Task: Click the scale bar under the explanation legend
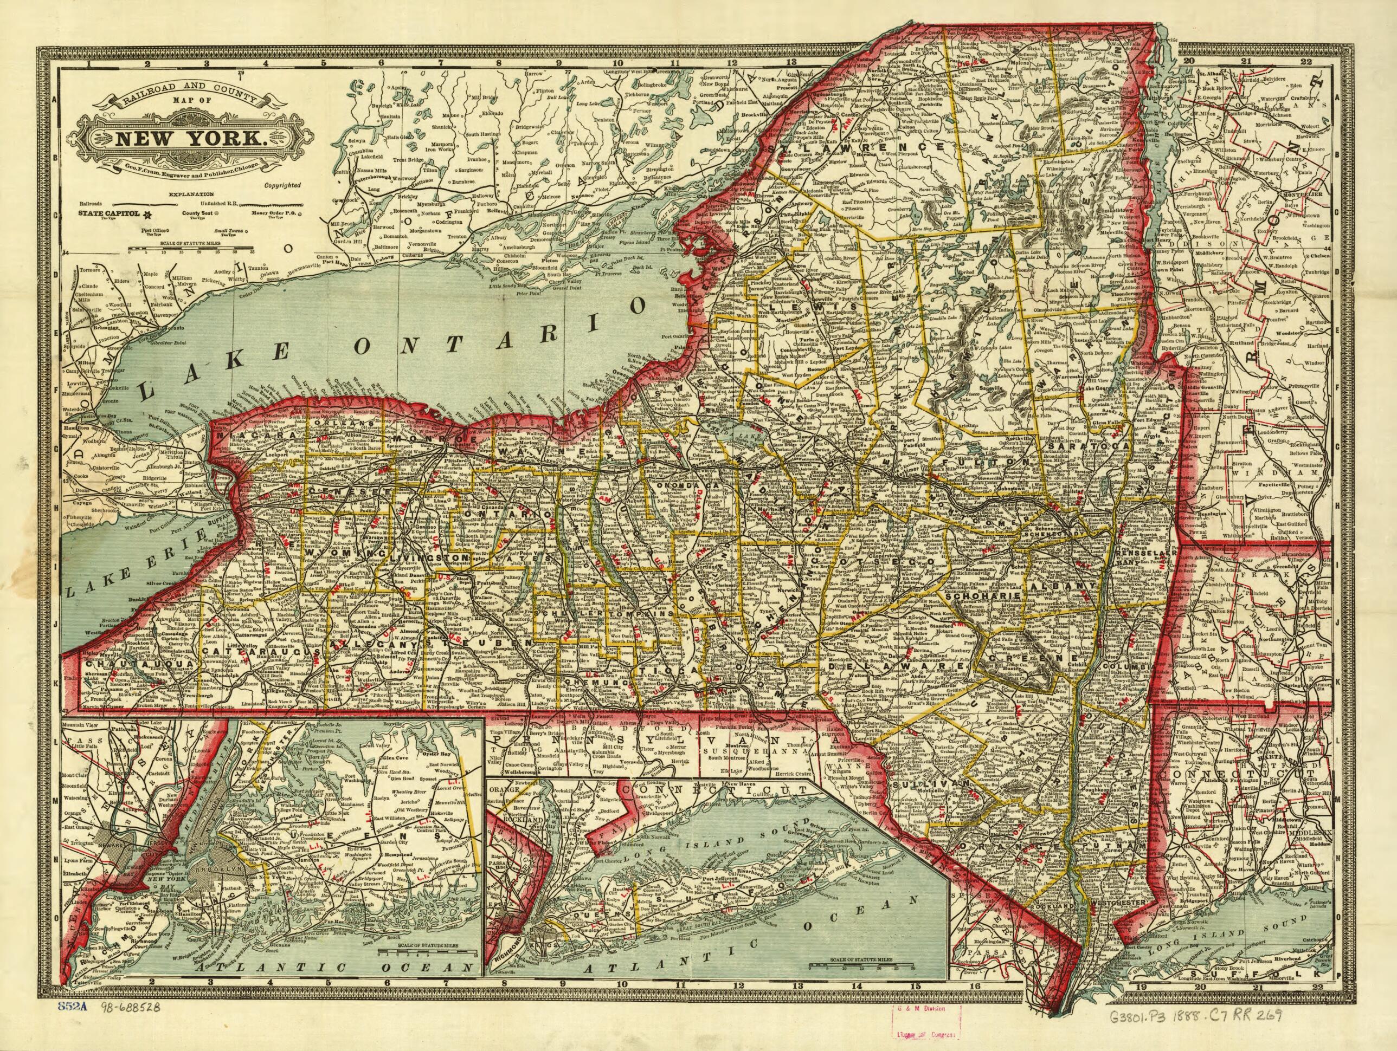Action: click(x=190, y=249)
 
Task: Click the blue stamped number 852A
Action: click(x=75, y=1024)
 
